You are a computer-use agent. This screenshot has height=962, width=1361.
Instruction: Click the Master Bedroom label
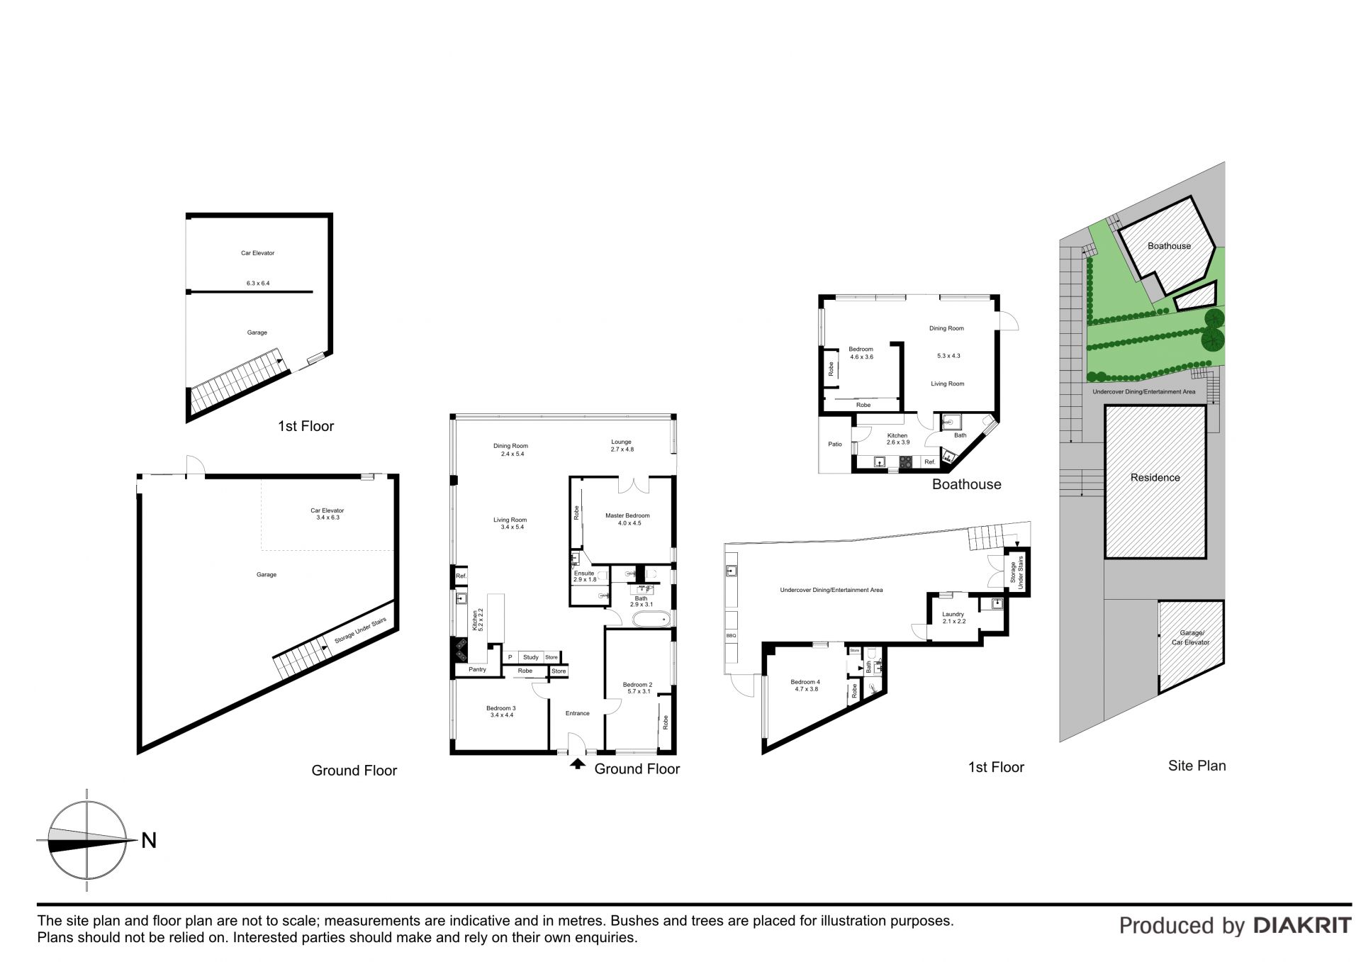pos(627,515)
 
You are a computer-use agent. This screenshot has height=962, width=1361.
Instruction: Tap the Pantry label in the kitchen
pos(477,669)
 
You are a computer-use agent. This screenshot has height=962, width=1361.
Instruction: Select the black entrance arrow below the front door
pos(578,764)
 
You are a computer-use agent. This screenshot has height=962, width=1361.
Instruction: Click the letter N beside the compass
pos(149,841)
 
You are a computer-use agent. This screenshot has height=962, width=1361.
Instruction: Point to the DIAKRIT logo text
pos(1303,925)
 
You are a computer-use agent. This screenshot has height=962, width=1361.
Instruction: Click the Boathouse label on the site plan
pos(1170,246)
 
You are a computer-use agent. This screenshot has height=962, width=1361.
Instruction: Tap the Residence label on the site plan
pos(1155,478)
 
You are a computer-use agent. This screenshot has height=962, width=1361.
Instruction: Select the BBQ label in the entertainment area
pos(732,636)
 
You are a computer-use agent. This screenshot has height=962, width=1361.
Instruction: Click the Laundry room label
pos(953,614)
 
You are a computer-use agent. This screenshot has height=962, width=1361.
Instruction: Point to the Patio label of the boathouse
pos(835,444)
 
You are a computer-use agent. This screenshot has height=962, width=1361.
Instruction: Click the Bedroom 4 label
pos(805,682)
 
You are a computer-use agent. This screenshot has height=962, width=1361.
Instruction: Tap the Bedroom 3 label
pos(501,707)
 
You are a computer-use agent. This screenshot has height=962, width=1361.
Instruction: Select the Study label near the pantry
pos(531,657)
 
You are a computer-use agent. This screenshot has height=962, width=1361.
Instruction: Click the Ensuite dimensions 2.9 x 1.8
pos(585,579)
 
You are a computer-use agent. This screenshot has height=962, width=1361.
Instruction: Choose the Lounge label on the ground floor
pos(621,442)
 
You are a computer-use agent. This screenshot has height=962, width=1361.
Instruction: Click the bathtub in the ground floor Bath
pos(651,620)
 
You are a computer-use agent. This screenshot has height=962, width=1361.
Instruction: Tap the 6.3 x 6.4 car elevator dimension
pos(258,283)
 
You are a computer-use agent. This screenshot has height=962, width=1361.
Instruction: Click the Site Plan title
pos(1197,766)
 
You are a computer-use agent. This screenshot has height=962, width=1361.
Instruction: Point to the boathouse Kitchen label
pos(897,435)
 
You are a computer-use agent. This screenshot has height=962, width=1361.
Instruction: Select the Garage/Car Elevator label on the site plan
pos(1191,637)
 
